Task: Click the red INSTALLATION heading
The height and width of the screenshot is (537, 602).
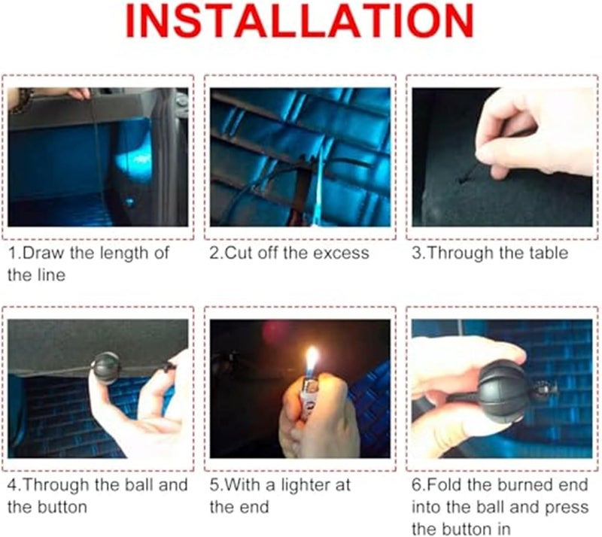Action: pos(299,21)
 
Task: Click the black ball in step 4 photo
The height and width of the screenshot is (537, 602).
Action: pos(104,367)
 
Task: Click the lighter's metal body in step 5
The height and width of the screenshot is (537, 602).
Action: pos(309,396)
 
